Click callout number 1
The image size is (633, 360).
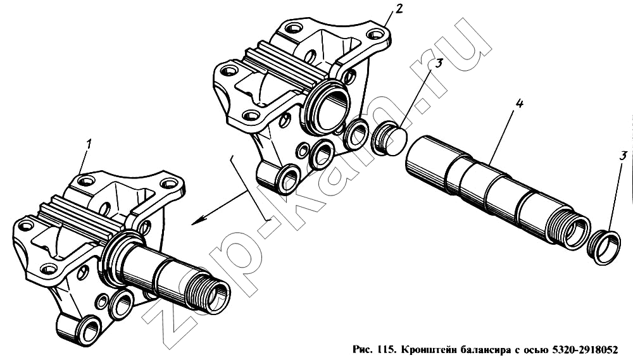(89, 144)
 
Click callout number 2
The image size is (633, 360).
(398, 8)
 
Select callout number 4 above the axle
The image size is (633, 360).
(519, 104)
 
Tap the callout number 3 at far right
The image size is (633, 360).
(624, 155)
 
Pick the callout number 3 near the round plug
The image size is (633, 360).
(439, 63)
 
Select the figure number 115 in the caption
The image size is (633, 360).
(385, 349)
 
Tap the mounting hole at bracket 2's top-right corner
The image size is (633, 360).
(375, 34)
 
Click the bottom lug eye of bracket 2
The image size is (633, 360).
(287, 180)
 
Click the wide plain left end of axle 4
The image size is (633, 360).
(428, 160)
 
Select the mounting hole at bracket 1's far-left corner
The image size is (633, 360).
(25, 225)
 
